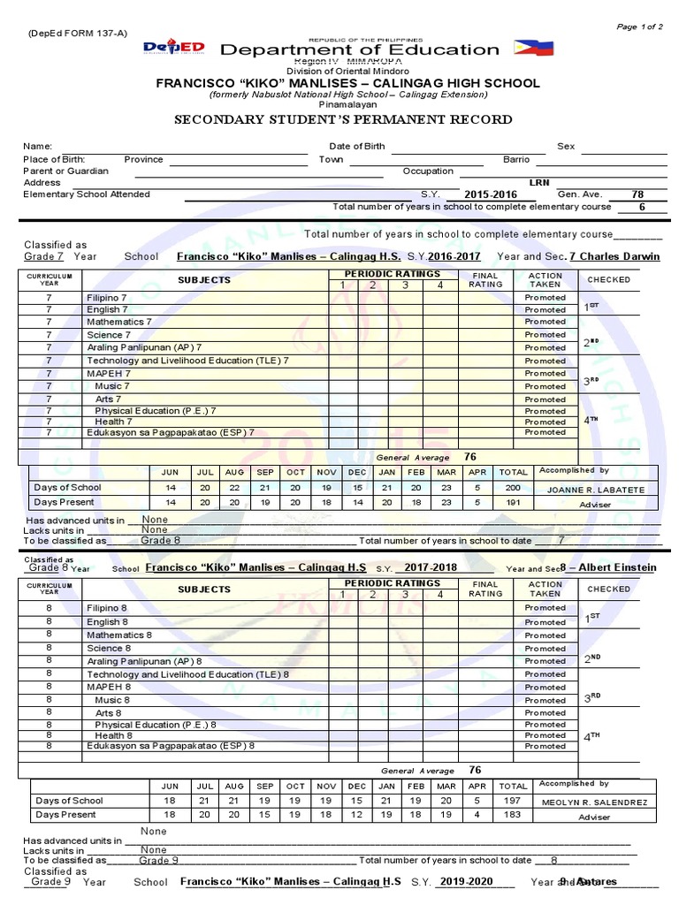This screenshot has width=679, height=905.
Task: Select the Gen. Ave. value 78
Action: tap(637, 194)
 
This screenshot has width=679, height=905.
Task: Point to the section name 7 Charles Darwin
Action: tap(614, 256)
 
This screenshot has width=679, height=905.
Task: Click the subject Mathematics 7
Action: tap(118, 323)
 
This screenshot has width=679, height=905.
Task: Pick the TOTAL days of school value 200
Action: tap(513, 488)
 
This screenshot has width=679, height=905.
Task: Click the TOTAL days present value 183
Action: tap(513, 815)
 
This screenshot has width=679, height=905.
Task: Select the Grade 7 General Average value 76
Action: tap(470, 457)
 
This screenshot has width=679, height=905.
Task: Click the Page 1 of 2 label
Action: tap(639, 27)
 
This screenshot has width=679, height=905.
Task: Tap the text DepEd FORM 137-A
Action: tap(78, 33)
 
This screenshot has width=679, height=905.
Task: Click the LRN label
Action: tap(539, 182)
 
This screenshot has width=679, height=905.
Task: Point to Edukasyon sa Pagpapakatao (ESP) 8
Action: tap(171, 746)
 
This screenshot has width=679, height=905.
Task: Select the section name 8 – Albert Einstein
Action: tap(611, 567)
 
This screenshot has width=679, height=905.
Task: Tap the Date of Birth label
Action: tap(357, 146)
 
